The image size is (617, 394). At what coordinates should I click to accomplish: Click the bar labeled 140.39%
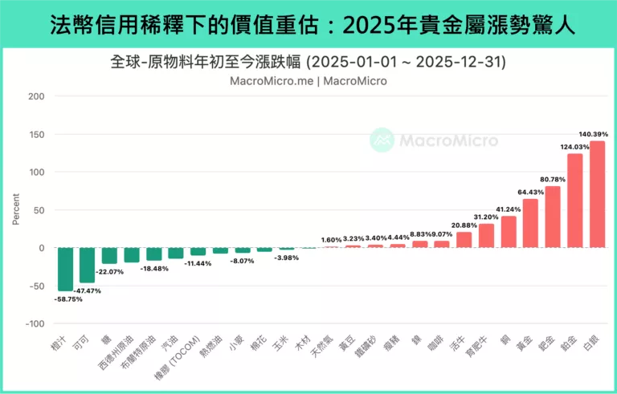click(x=597, y=194)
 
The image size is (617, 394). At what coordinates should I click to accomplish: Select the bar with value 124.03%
click(x=575, y=201)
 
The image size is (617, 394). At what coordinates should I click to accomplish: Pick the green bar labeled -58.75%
click(x=65, y=270)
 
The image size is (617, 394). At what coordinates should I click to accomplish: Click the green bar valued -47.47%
click(x=87, y=266)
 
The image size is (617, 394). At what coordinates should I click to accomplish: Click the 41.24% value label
click(x=509, y=209)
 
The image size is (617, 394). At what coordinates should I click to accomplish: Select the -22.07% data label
click(x=109, y=271)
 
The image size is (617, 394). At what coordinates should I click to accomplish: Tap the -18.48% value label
click(x=153, y=269)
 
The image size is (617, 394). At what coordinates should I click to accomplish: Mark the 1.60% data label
click(x=332, y=239)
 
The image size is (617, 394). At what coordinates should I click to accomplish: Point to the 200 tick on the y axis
click(x=37, y=96)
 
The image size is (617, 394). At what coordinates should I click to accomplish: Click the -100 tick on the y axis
click(x=35, y=323)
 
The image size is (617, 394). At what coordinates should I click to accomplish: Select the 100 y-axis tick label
click(x=37, y=173)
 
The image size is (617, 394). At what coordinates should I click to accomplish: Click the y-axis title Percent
click(x=15, y=209)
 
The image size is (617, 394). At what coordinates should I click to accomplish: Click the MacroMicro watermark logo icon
click(x=382, y=140)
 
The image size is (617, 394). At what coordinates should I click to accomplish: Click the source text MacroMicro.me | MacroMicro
click(x=308, y=81)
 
